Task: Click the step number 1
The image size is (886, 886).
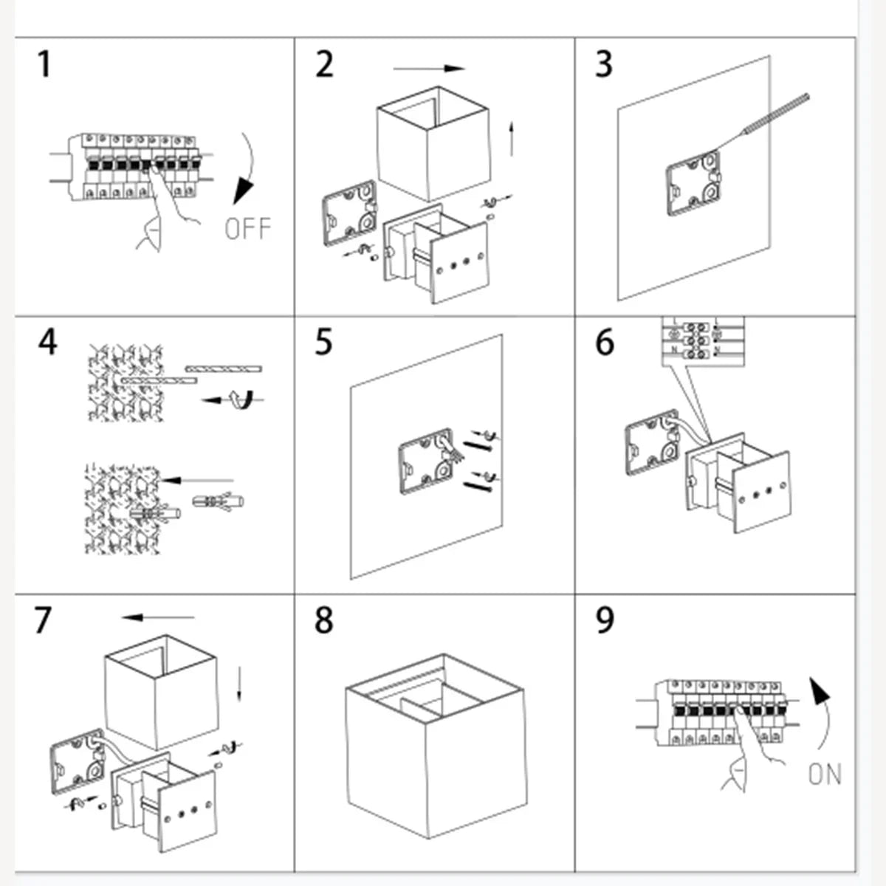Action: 44,64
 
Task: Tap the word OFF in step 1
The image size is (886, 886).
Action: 247,228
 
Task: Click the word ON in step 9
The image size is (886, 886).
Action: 825,775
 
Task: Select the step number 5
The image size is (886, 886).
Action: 323,343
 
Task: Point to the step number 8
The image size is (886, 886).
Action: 323,621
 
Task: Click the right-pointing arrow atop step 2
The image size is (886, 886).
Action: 429,69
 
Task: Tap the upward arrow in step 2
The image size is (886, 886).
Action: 511,139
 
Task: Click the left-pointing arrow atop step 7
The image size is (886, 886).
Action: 158,617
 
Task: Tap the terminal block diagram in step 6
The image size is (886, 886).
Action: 701,339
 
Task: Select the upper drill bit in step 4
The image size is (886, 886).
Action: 224,368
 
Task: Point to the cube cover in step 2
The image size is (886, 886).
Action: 432,144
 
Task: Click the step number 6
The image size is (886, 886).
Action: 604,343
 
